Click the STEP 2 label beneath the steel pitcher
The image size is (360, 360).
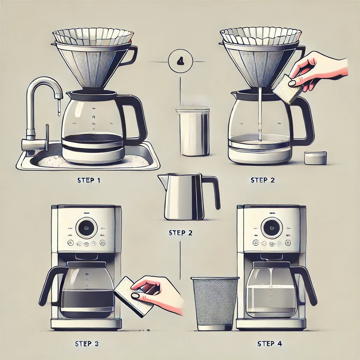point(181,233)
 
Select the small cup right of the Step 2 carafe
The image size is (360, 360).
point(315,158)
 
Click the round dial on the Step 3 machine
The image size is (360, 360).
point(86,228)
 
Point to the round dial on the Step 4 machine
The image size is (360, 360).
point(271,228)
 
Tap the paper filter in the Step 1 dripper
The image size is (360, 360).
point(93,37)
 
